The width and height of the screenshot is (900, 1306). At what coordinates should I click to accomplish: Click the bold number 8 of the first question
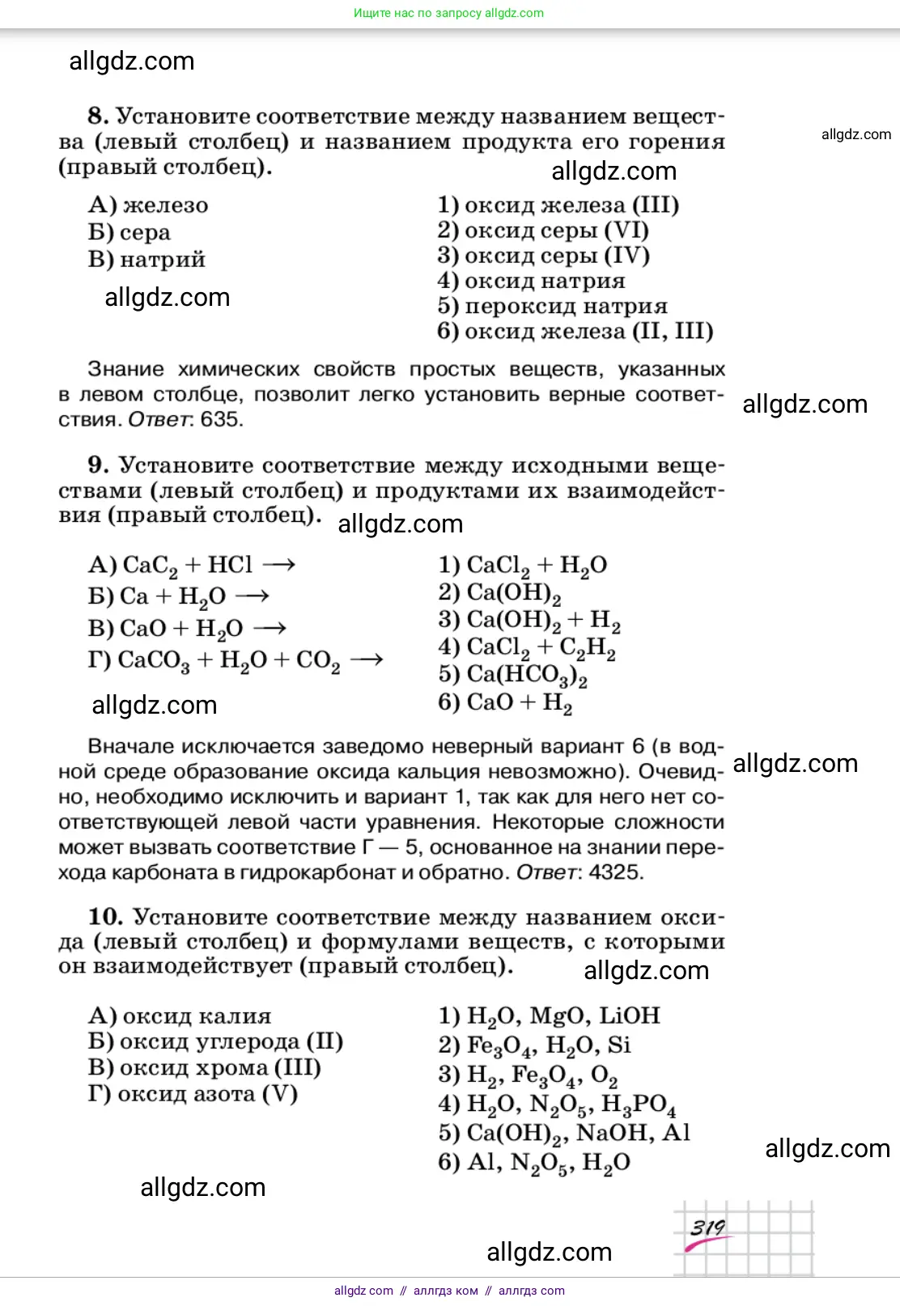[98, 116]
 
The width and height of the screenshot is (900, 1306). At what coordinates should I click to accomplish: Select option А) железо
[148, 206]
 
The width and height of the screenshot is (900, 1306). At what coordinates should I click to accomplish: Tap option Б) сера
[129, 232]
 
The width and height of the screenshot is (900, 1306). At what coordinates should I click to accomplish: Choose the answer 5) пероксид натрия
[553, 306]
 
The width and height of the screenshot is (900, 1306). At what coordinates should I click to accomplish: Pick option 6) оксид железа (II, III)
[575, 331]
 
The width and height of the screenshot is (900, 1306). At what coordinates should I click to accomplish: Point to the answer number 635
[222, 419]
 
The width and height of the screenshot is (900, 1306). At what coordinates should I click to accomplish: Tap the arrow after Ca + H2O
[252, 596]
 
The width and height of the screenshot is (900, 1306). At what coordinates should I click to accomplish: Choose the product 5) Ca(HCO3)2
[513, 674]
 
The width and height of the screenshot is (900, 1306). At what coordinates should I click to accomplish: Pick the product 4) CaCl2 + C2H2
[527, 647]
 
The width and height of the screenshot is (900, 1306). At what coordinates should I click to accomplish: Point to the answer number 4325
[616, 872]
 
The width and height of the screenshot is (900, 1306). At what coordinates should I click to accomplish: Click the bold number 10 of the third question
[105, 917]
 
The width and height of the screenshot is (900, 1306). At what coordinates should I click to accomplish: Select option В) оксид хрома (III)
[205, 1067]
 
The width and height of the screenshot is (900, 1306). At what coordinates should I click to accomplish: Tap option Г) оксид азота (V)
[193, 1094]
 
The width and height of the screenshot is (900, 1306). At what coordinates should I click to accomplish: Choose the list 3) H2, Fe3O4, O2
[528, 1075]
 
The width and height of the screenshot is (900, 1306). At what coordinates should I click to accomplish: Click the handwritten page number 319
[707, 1228]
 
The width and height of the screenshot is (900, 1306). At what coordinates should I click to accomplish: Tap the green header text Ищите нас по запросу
[418, 13]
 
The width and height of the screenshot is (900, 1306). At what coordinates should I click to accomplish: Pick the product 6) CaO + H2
[505, 702]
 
